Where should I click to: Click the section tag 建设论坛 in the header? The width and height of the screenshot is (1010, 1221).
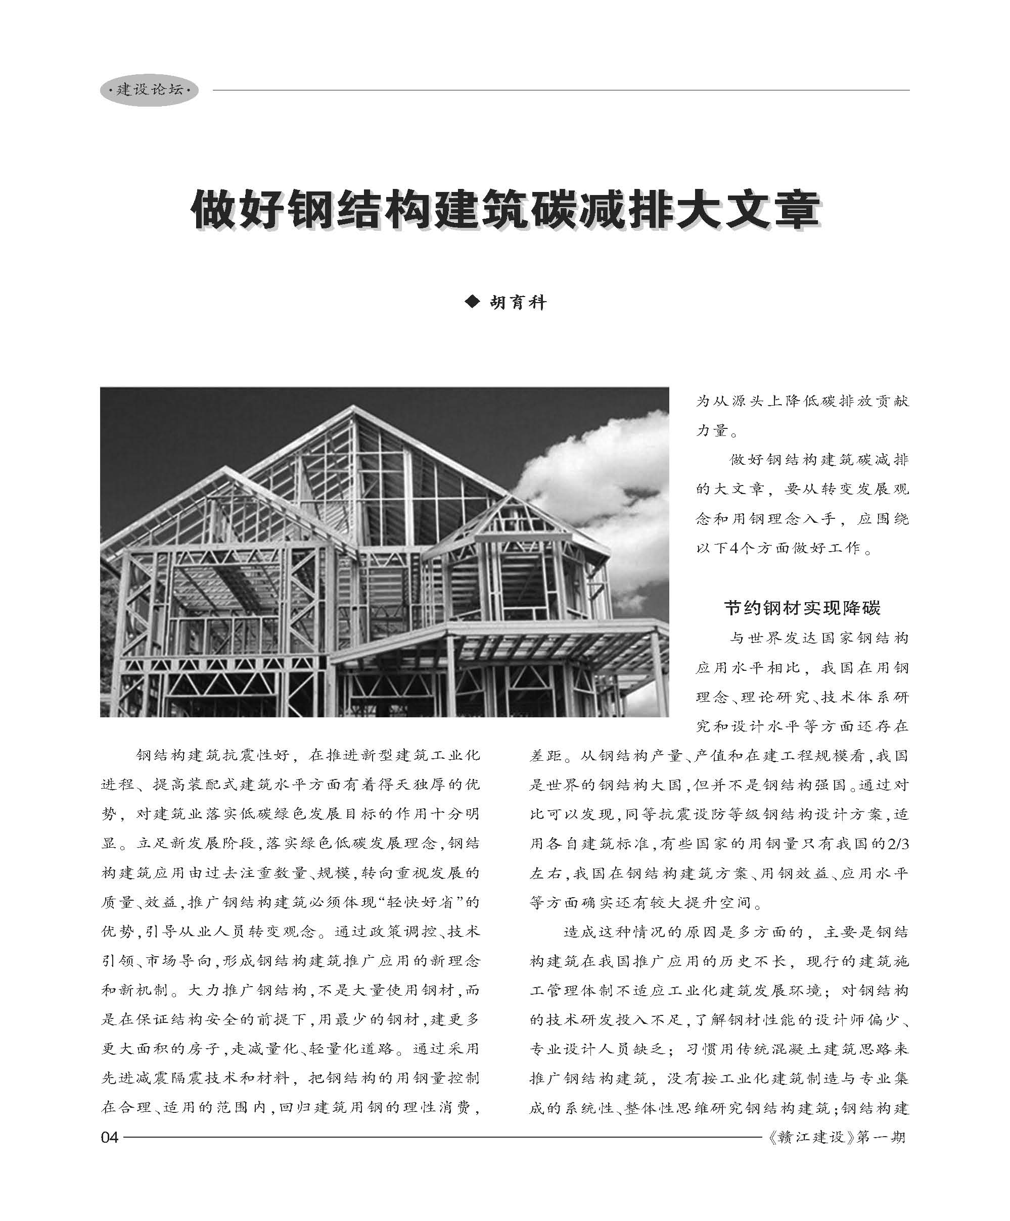pyautogui.click(x=150, y=89)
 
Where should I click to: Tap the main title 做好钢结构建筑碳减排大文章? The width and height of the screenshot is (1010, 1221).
pyautogui.click(x=505, y=209)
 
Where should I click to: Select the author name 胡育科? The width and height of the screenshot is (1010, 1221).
pyautogui.click(x=518, y=302)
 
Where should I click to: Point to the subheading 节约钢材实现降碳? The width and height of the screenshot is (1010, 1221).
pyautogui.click(x=802, y=608)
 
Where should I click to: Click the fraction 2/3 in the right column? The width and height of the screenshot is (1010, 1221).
pyautogui.click(x=895, y=844)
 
